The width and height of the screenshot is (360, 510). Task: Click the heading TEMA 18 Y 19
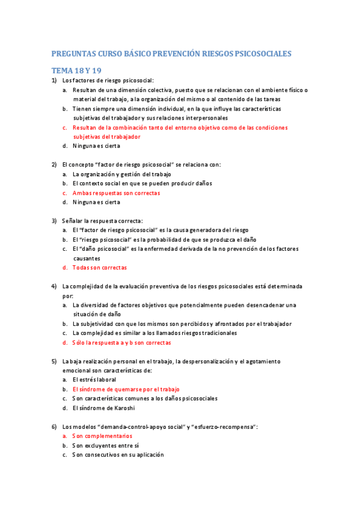(x=76, y=71)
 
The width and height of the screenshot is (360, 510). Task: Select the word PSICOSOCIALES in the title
(x=265, y=54)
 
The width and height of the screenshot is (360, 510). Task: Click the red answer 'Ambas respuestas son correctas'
(x=116, y=193)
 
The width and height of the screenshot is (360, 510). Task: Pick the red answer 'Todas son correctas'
(x=99, y=268)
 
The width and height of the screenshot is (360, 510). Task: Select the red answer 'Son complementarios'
(x=102, y=435)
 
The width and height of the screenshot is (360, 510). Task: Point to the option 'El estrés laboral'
(x=94, y=380)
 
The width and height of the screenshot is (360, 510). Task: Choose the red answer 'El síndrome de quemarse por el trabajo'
(x=126, y=389)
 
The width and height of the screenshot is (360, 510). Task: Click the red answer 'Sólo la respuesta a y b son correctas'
(x=121, y=342)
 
